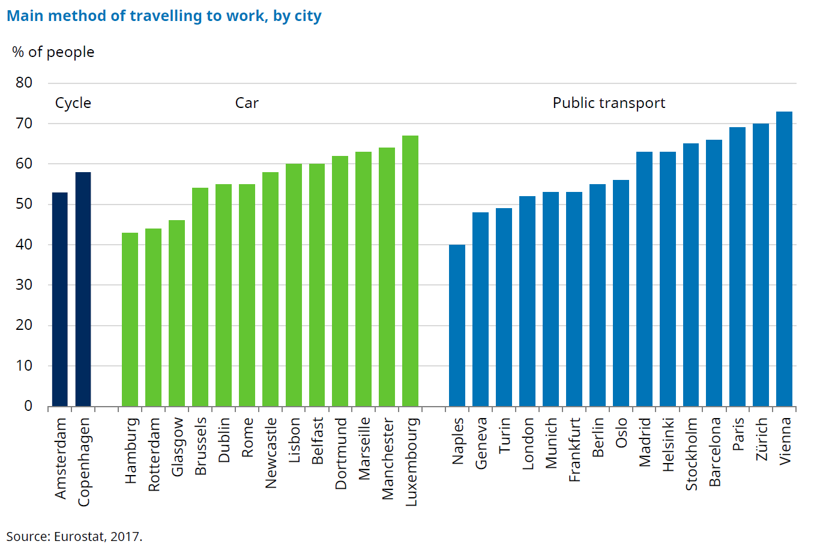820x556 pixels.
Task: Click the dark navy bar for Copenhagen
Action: pyautogui.click(x=83, y=289)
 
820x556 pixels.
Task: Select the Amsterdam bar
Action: pyautogui.click(x=59, y=299)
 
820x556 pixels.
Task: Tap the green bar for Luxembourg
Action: pyautogui.click(x=410, y=271)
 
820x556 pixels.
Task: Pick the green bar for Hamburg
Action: pyautogui.click(x=130, y=319)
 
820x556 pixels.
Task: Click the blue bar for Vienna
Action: pyautogui.click(x=784, y=259)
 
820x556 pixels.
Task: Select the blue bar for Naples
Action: pyautogui.click(x=457, y=325)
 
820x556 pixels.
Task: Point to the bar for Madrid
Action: pyautogui.click(x=644, y=279)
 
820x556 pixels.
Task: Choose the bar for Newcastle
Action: pyautogui.click(x=270, y=289)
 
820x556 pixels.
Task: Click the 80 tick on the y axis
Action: pyautogui.click(x=24, y=83)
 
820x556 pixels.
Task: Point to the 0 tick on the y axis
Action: pyautogui.click(x=28, y=406)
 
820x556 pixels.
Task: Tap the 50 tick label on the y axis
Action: pyautogui.click(x=24, y=204)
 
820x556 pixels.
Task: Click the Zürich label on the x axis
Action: pyautogui.click(x=761, y=440)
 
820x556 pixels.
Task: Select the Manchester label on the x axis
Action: pyautogui.click(x=387, y=459)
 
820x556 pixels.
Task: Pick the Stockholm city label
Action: pyautogui.click(x=691, y=454)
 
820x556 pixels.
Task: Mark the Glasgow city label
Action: pyautogui.click(x=176, y=447)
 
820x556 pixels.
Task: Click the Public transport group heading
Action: pyautogui.click(x=609, y=103)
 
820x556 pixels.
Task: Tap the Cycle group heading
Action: pyautogui.click(x=73, y=103)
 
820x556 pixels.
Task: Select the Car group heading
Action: pyautogui.click(x=247, y=103)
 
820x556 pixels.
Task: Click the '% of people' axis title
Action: pyautogui.click(x=53, y=52)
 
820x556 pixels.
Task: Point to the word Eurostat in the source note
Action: pyautogui.click(x=78, y=536)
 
